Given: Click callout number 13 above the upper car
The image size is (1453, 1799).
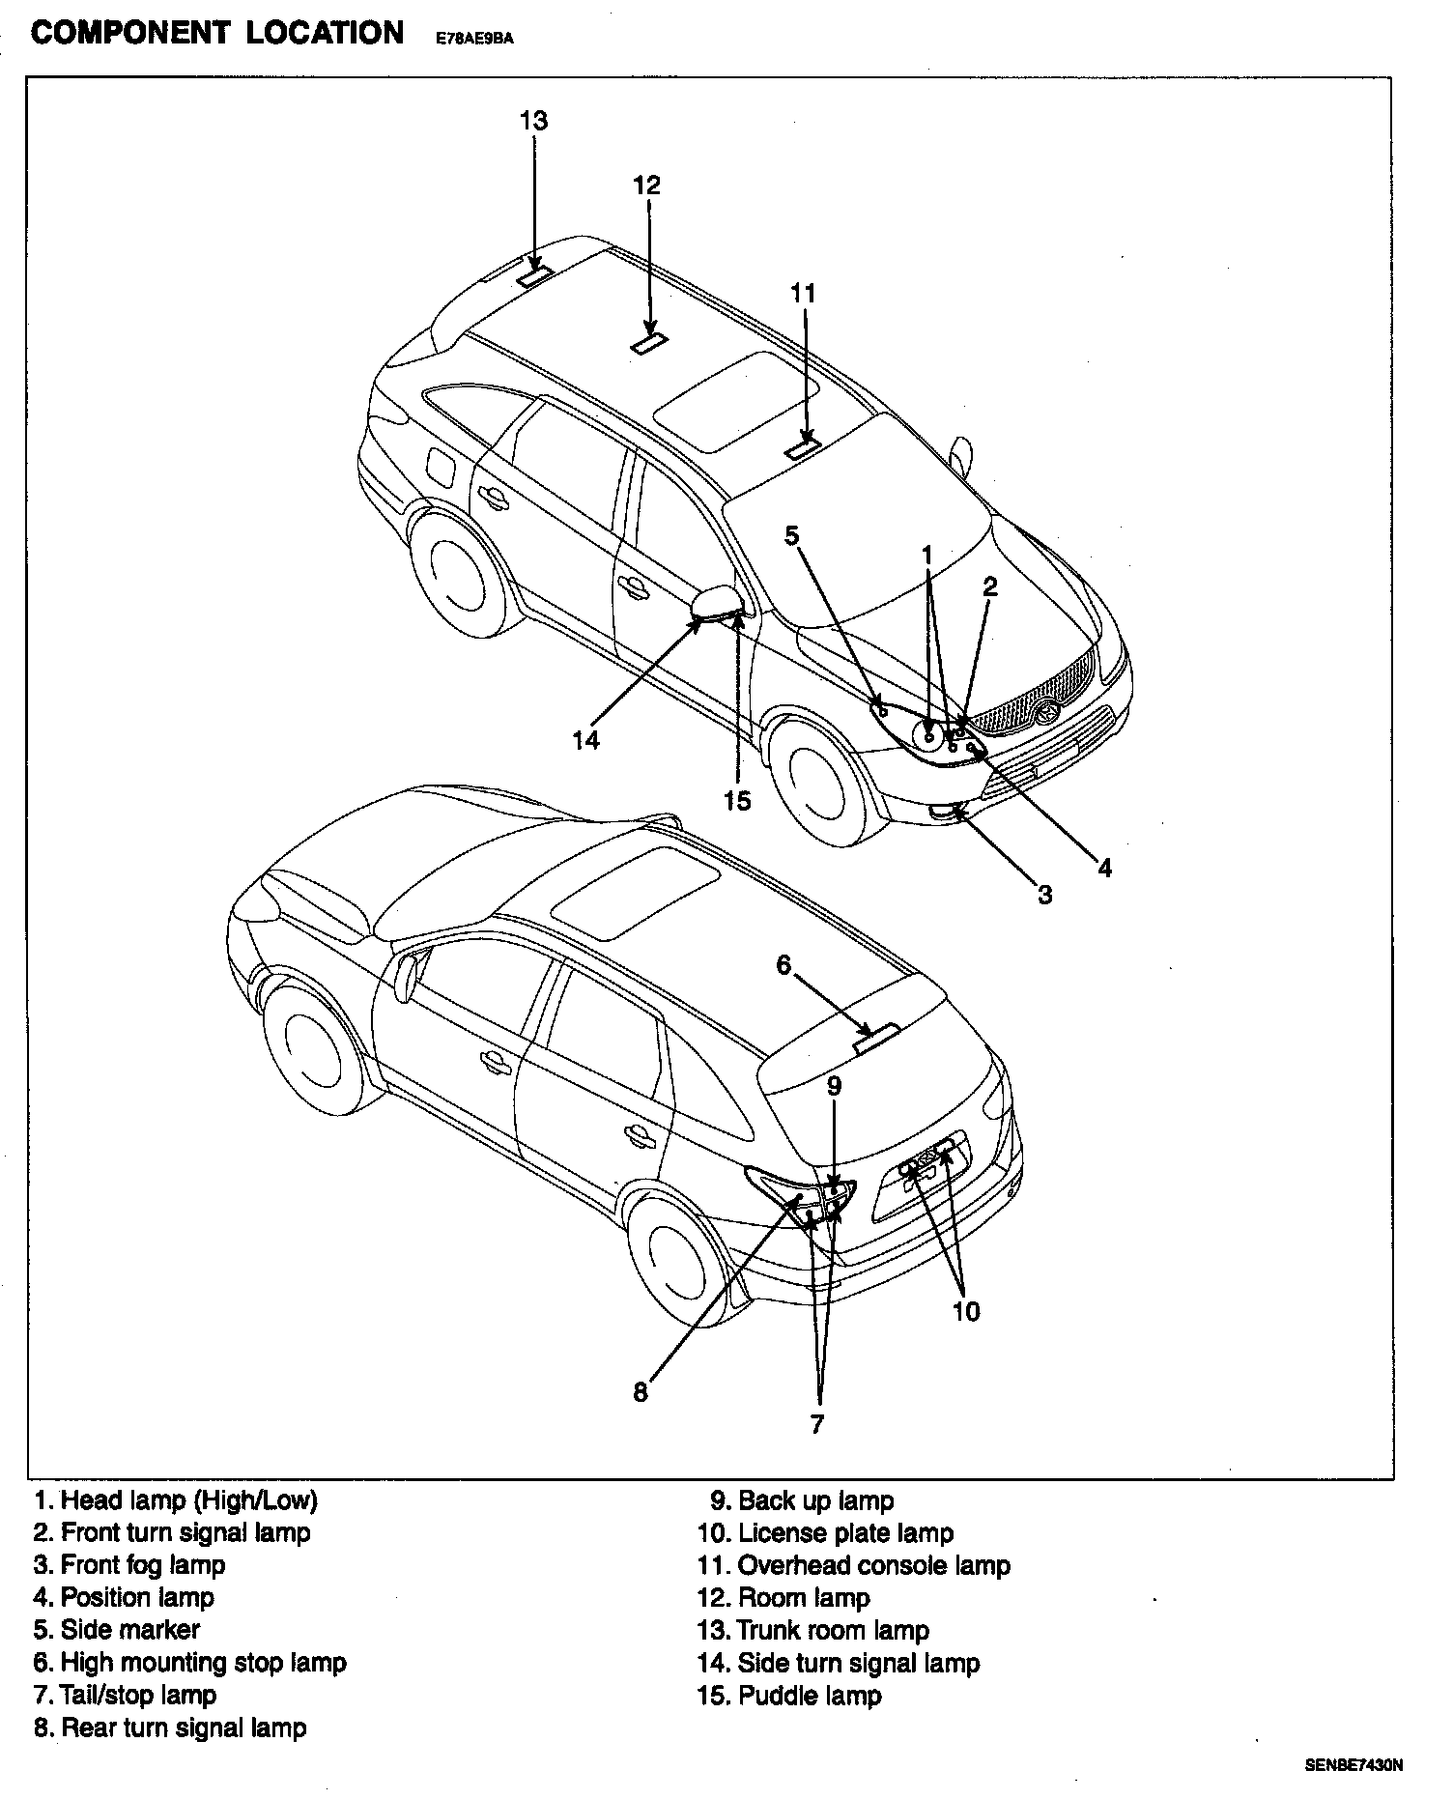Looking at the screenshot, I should (x=533, y=121).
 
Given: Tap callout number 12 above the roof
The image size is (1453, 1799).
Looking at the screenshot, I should (x=646, y=185).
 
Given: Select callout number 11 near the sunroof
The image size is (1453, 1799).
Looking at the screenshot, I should (x=803, y=293).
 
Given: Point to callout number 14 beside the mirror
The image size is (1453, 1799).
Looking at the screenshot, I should (x=585, y=740).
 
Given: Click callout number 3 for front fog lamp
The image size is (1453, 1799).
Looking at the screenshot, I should (x=1044, y=895).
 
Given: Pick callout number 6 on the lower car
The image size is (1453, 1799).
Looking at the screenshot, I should (x=783, y=964).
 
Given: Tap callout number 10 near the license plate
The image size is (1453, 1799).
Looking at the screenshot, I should (x=965, y=1311).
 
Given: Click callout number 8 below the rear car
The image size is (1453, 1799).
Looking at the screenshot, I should (x=641, y=1393).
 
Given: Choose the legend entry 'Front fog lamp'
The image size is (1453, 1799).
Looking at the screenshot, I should (x=129, y=1565).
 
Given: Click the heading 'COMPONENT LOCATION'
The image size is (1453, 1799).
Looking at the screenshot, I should (x=217, y=33).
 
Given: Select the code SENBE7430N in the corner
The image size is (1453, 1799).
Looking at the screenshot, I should (x=1353, y=1765).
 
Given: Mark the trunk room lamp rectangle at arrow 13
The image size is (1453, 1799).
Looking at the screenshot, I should (x=534, y=275).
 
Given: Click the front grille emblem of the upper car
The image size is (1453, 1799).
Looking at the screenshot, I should (x=1046, y=713).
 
